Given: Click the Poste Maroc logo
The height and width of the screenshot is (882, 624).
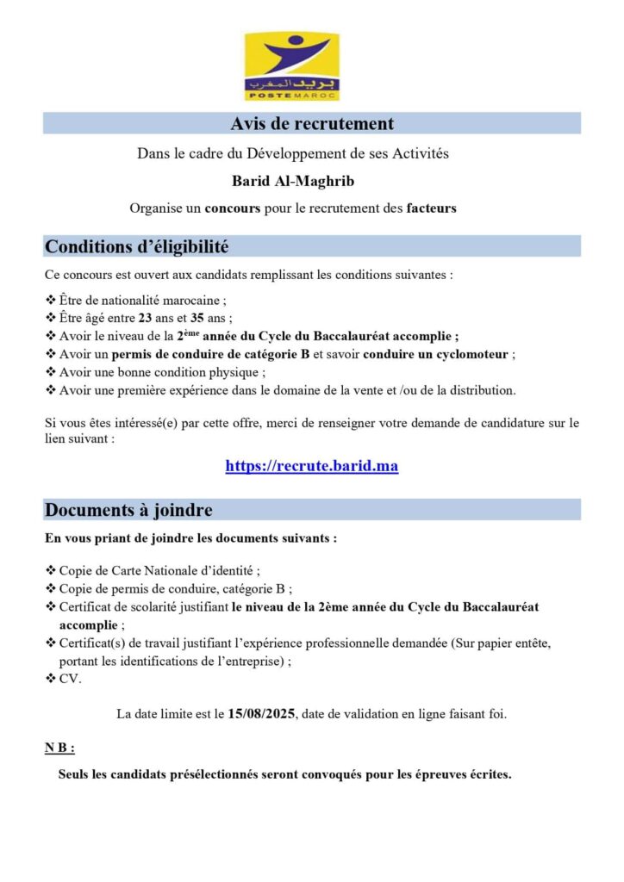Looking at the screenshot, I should click(291, 66).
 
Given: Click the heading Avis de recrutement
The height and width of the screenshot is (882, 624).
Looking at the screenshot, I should click(312, 124).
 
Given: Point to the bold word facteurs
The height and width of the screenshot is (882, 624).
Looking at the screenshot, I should click(431, 208).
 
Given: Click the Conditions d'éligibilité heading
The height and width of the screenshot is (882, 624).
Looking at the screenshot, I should click(136, 247).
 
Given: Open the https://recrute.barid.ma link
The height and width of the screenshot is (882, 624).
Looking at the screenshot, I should click(312, 466).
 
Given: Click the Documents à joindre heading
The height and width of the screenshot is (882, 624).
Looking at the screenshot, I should click(128, 510).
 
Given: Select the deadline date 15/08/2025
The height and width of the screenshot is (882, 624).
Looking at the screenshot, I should click(261, 713).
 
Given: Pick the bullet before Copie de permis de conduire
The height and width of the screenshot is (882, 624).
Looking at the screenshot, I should click(50, 589).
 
